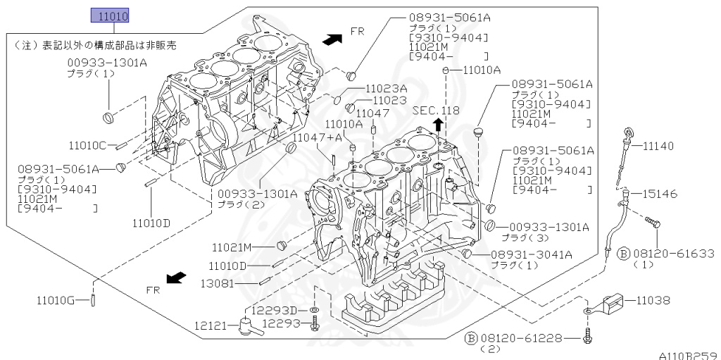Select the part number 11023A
click(x=386, y=89)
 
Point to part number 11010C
click(x=88, y=146)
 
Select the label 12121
click(x=210, y=325)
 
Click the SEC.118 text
click(x=436, y=111)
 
